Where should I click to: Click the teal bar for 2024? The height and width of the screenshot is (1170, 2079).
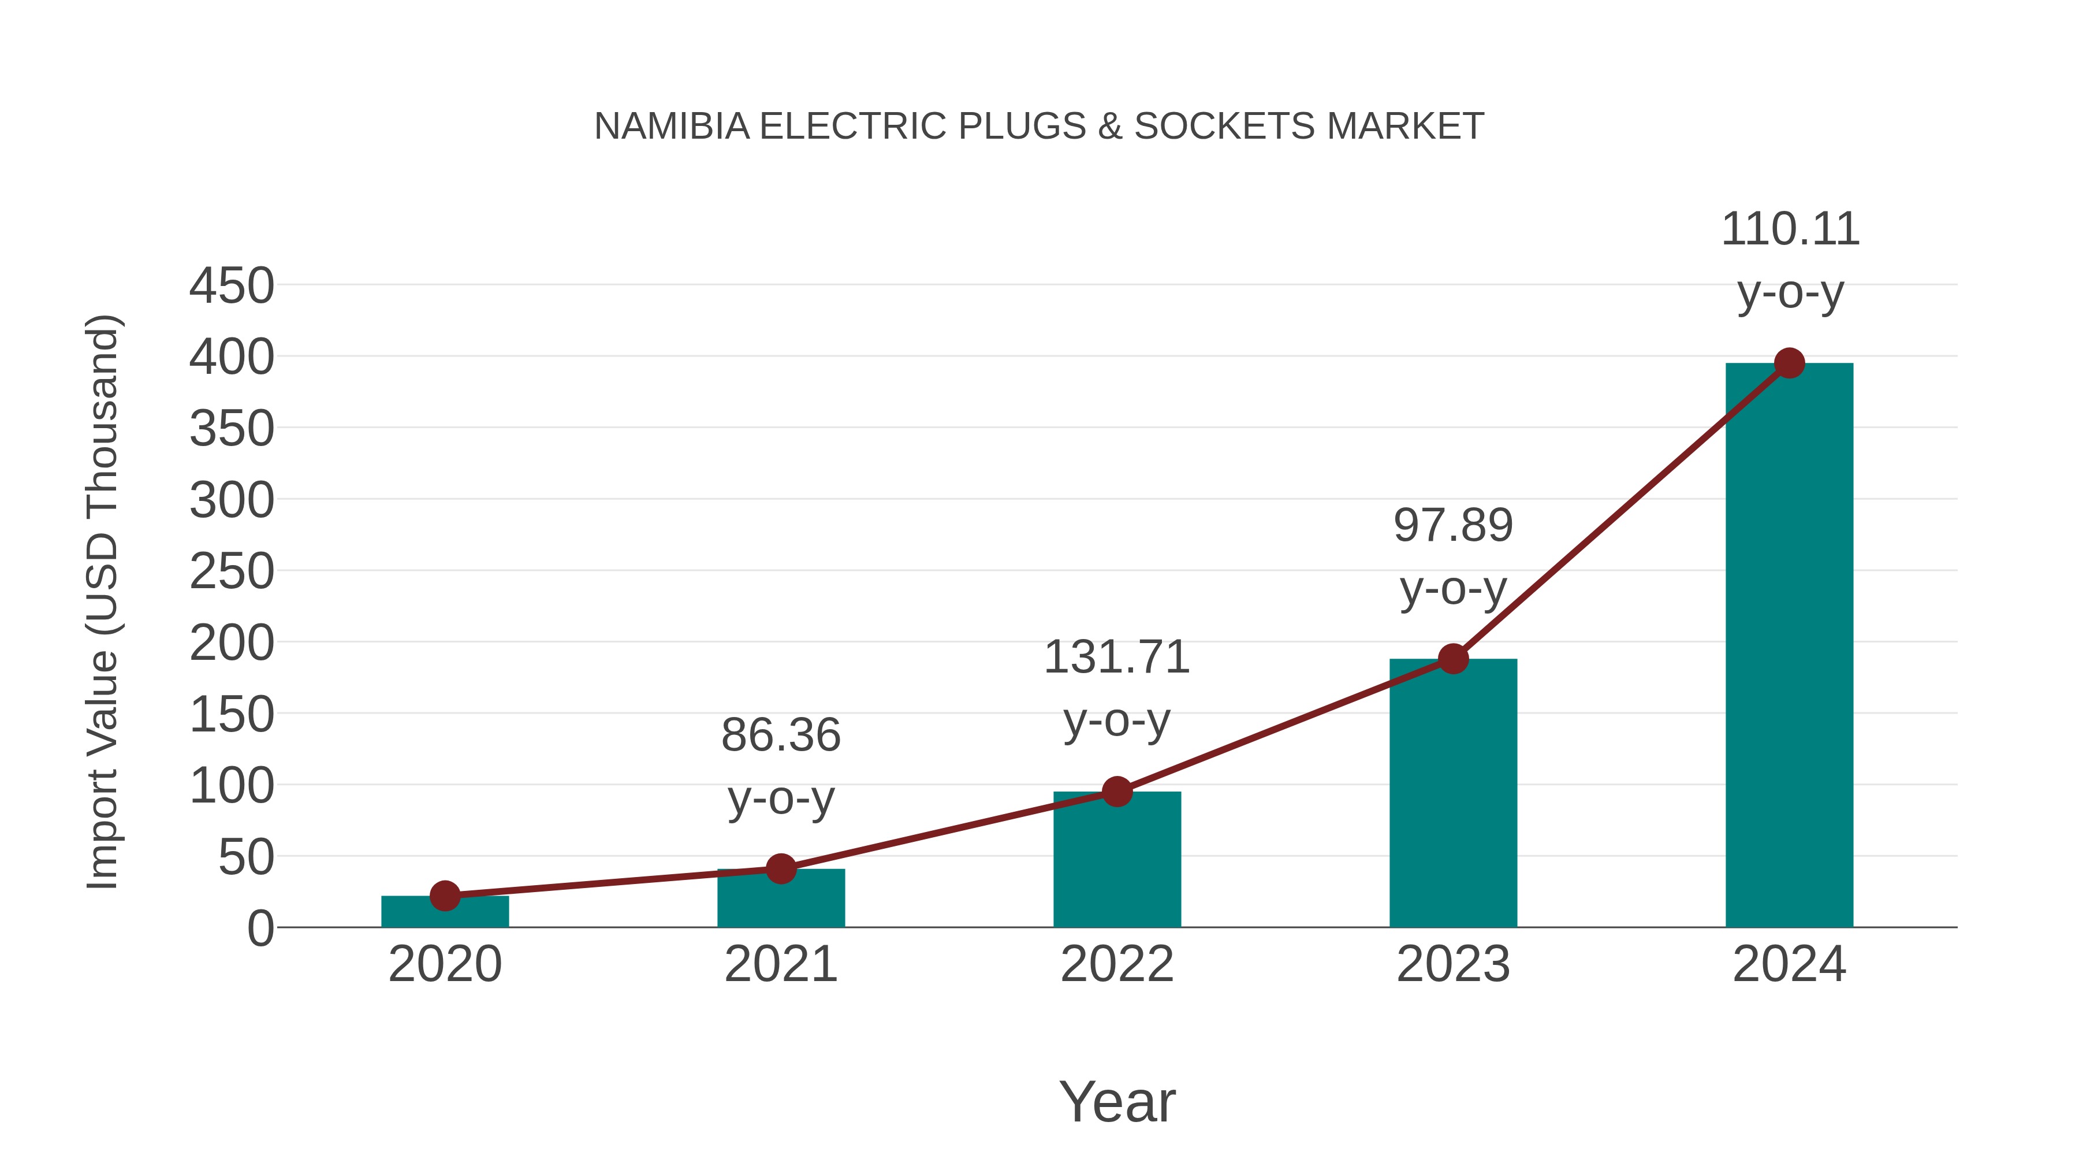(x=1789, y=646)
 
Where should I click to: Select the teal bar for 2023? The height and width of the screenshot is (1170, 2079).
(x=1453, y=796)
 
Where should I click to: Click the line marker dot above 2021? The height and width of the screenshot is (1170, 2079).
(x=780, y=869)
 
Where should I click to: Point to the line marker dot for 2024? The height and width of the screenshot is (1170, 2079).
(x=1789, y=363)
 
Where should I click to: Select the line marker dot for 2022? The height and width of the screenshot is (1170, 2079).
(x=1117, y=792)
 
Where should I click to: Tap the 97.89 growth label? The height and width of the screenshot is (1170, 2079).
(x=1453, y=526)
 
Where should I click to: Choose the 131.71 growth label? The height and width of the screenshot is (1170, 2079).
(x=1117, y=658)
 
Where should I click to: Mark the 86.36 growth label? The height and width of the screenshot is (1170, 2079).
(x=780, y=736)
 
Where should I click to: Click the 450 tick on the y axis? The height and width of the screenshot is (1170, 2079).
(x=232, y=286)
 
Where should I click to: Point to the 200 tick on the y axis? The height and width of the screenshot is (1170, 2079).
(x=232, y=644)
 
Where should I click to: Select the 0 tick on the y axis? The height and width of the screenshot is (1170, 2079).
(x=260, y=928)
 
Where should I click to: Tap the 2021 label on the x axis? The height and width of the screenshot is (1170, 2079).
(x=780, y=964)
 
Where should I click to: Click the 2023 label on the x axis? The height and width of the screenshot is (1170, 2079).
(x=1453, y=964)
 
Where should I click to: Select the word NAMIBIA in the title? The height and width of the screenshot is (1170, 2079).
(x=672, y=127)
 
